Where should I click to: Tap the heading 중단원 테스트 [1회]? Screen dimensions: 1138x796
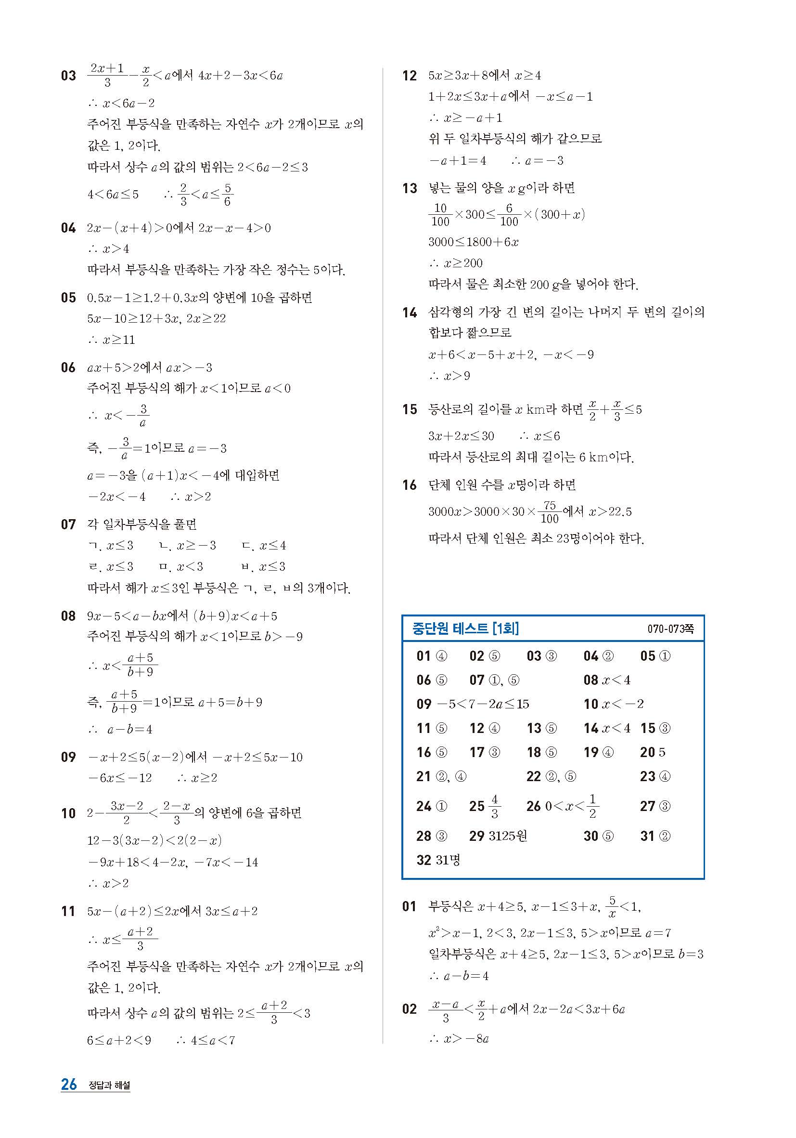[465, 629]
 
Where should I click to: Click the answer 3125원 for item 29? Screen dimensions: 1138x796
[508, 836]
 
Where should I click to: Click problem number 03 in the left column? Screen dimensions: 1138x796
[68, 76]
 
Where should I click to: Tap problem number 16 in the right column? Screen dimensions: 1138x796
[410, 485]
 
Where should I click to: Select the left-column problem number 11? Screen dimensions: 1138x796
[68, 911]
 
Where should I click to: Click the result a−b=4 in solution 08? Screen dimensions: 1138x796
[130, 729]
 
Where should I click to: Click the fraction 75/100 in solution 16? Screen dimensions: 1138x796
[549, 512]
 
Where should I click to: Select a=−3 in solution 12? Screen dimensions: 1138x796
[544, 160]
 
